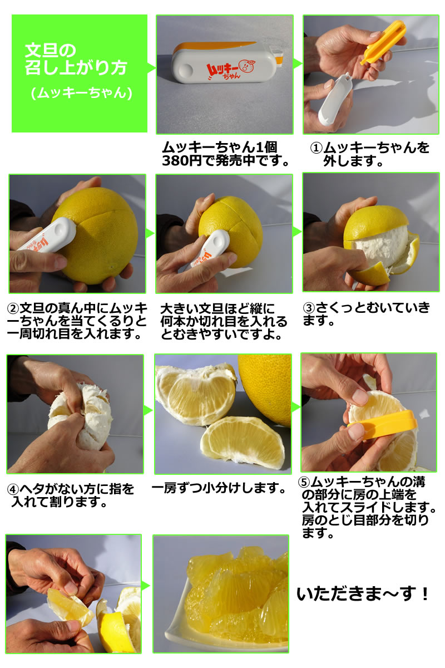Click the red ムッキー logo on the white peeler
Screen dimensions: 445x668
click(223, 70)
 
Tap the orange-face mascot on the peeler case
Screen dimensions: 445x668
click(248, 66)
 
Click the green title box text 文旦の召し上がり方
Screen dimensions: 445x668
click(76, 59)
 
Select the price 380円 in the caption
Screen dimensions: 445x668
click(182, 161)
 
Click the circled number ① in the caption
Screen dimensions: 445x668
click(317, 148)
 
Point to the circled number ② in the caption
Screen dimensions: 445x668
click(13, 308)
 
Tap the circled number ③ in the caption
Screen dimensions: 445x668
click(309, 308)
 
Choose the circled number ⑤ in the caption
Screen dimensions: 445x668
click(304, 482)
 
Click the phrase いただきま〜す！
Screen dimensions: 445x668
click(363, 593)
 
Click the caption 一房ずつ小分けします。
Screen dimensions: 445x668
click(220, 488)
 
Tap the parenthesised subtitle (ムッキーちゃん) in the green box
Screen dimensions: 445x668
click(81, 93)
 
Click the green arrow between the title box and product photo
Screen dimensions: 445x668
click(151, 68)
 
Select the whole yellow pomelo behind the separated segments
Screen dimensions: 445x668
click(265, 389)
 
